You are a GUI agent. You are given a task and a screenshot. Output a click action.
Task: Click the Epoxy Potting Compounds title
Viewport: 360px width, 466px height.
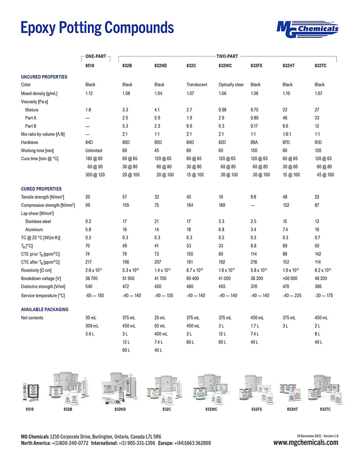(97, 28)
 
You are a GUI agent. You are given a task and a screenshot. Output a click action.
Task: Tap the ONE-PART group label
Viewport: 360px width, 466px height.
(96, 56)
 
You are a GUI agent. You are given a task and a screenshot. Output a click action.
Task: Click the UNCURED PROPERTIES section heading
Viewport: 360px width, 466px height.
(44, 77)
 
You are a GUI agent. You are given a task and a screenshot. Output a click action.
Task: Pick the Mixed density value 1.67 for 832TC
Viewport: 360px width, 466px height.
(319, 93)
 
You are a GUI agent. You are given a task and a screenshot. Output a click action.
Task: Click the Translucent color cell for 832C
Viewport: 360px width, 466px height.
(197, 85)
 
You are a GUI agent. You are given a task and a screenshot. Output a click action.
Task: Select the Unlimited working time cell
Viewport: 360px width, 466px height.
(94, 150)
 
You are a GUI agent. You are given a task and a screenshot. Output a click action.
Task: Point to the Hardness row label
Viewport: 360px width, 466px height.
(29, 142)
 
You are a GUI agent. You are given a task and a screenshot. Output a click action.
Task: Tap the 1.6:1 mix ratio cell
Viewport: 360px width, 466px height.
(288, 134)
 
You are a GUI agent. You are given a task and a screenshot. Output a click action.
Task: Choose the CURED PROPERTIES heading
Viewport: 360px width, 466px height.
(41, 189)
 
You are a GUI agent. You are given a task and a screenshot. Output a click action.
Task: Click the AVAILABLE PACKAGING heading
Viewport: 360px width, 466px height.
(45, 309)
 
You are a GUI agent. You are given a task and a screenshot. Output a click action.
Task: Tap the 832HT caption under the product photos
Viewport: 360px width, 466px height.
(292, 410)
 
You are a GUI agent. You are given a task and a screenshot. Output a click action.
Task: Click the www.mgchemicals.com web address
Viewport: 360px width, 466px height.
(306, 443)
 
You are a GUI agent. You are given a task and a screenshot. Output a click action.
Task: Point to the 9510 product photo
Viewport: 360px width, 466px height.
(30, 393)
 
